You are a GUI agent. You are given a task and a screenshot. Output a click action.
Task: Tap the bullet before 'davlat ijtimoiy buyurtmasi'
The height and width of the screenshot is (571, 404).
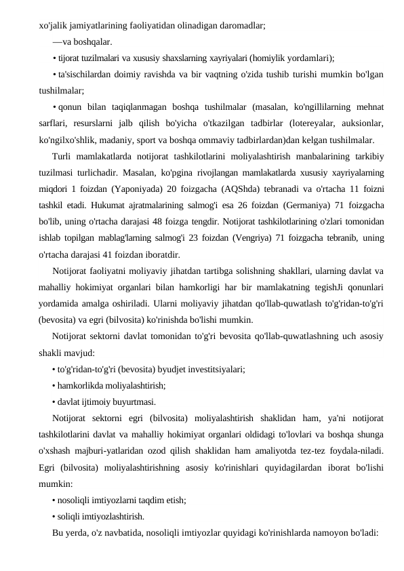coord(54,402)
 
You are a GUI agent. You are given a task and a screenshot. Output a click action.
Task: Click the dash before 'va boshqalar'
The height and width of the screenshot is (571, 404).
coord(56,41)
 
